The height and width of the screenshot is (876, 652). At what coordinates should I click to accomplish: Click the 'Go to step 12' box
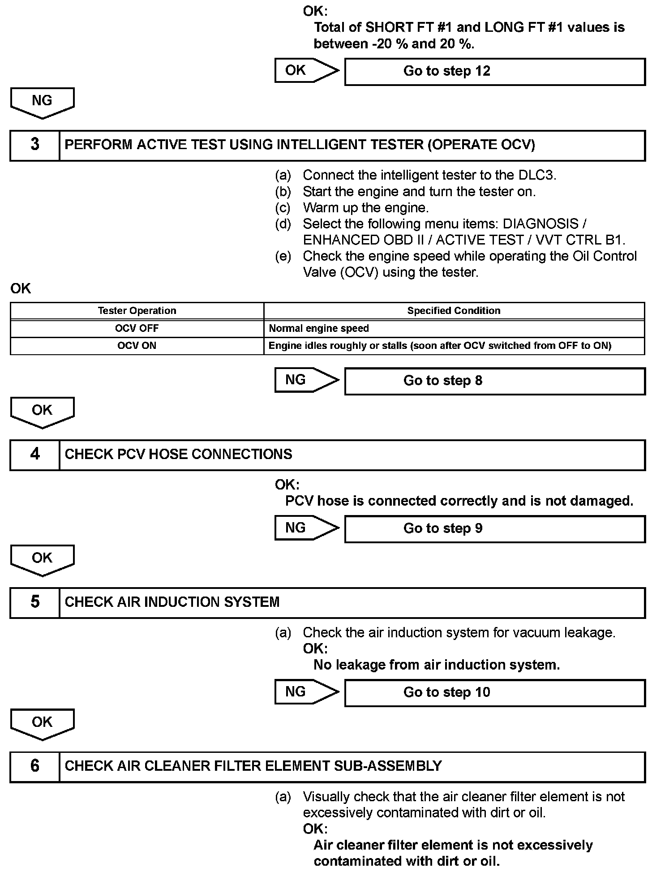point(494,72)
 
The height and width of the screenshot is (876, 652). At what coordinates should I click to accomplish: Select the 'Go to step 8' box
point(494,381)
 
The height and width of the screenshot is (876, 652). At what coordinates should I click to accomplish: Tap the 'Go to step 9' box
point(494,529)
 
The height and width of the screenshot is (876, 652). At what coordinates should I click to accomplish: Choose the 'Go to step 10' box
point(494,693)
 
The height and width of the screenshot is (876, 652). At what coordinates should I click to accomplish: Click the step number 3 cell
point(35,145)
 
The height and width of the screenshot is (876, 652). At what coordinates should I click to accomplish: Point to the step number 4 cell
point(35,455)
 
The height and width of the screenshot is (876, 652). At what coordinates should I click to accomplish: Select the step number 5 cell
point(35,602)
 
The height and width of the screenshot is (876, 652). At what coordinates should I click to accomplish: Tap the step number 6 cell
point(35,766)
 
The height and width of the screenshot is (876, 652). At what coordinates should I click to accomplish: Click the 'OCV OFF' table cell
point(137,328)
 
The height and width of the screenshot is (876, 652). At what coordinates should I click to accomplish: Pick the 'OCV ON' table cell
point(137,346)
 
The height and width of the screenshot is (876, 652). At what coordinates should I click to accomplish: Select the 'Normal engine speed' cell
point(454,328)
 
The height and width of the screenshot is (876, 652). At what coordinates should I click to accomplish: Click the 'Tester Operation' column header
point(137,311)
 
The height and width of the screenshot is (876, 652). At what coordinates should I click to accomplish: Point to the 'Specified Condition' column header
point(454,311)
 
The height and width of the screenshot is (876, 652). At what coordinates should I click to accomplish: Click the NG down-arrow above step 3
point(42,102)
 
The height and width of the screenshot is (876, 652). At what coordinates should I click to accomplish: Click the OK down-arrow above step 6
point(42,724)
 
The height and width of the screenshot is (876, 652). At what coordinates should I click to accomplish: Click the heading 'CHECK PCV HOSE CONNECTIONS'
point(178,455)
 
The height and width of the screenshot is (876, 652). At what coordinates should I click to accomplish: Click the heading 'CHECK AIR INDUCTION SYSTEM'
point(172,602)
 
